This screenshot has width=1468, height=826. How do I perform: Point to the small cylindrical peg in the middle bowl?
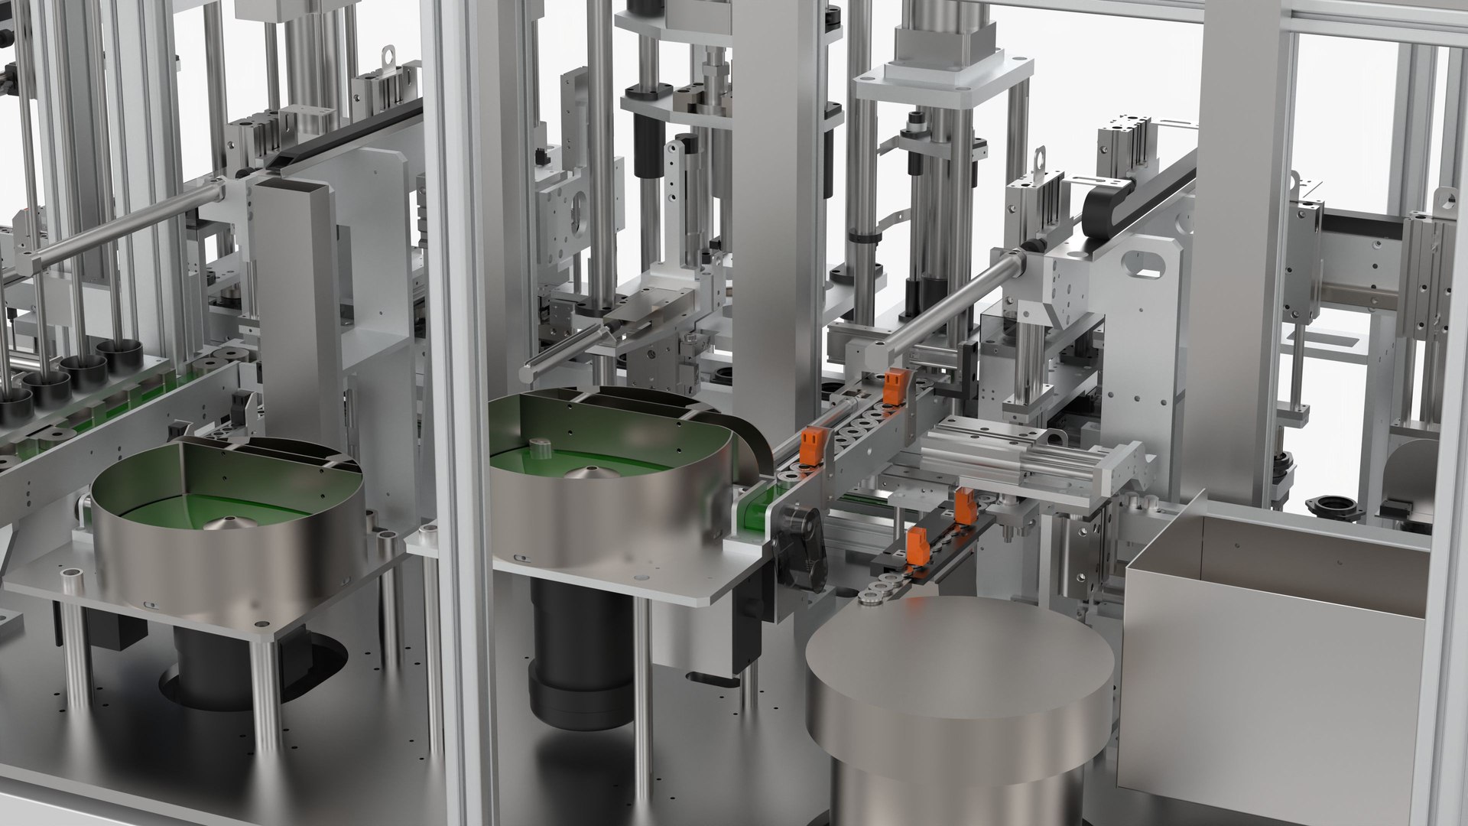coord(540,446)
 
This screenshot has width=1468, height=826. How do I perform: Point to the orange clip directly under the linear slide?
coord(966,506)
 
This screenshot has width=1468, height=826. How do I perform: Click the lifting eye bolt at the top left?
coord(391,55)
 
